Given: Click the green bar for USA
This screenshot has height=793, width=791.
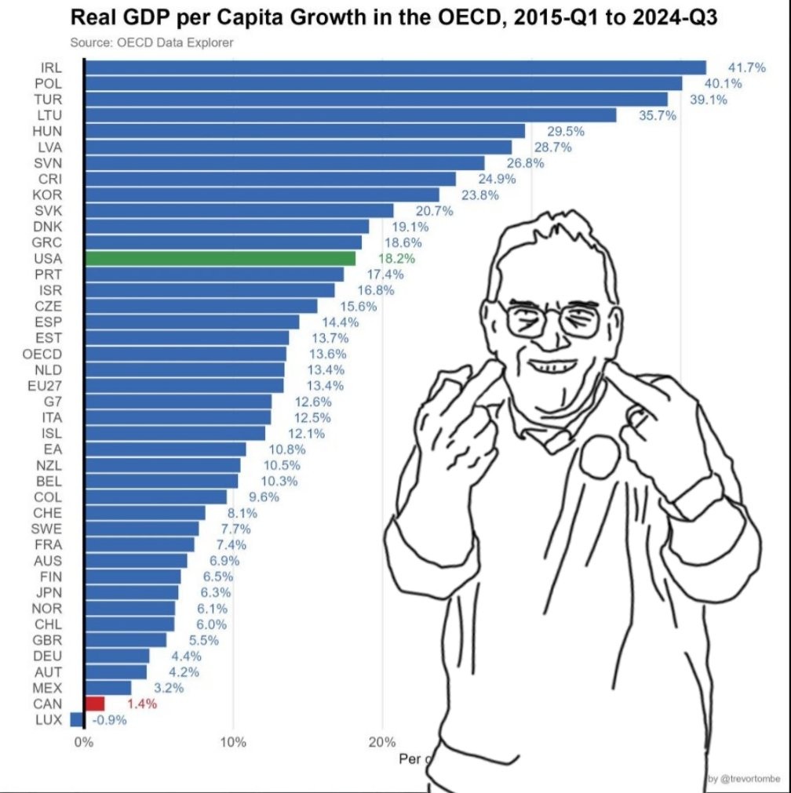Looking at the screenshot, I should [x=220, y=258].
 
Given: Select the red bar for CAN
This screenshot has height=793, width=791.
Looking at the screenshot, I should [x=94, y=704].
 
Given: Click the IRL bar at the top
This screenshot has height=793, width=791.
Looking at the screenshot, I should [x=392, y=67].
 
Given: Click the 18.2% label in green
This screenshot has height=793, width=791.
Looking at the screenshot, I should [x=395, y=258].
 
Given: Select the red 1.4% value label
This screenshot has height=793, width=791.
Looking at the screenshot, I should [x=141, y=704].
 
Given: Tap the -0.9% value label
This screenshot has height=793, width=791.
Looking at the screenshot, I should [x=109, y=720].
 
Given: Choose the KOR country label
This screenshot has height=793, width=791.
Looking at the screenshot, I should [x=49, y=195].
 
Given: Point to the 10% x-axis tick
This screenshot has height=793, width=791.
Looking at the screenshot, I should [x=233, y=742].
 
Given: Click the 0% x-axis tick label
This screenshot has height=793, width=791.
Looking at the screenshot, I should [x=82, y=742].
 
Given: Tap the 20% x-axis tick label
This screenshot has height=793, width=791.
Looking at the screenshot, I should [x=382, y=742].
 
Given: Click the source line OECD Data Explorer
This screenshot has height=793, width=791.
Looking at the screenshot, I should [x=151, y=42].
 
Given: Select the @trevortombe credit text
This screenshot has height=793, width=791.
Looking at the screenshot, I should [x=743, y=778].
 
